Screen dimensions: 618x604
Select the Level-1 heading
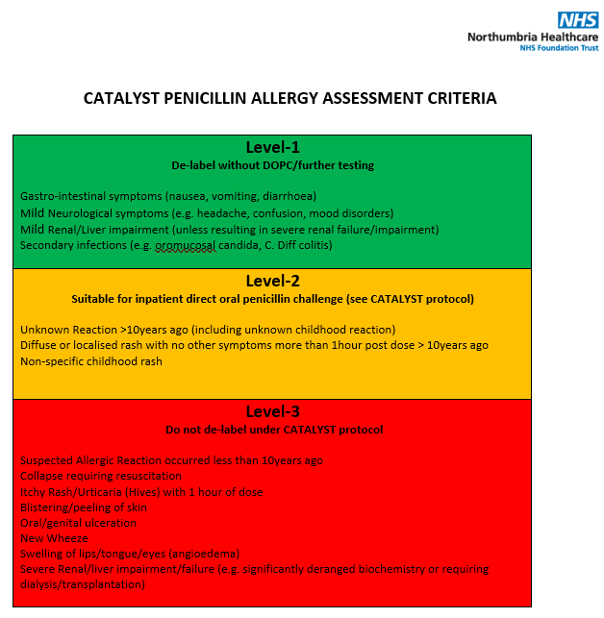click(272, 147)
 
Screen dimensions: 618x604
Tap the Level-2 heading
click(272, 281)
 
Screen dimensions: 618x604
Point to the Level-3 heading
click(272, 411)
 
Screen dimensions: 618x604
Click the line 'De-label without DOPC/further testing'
click(272, 165)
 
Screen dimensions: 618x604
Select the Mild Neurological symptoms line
click(207, 212)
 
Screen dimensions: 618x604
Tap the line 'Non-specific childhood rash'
click(91, 361)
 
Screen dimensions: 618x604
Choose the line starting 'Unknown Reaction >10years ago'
click(208, 330)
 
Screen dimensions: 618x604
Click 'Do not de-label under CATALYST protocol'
click(272, 429)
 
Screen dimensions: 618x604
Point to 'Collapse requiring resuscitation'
click(101, 476)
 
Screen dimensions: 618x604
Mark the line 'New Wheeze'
click(54, 538)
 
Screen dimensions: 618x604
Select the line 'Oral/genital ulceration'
click(79, 523)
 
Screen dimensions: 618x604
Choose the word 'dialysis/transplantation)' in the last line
click(83, 584)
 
